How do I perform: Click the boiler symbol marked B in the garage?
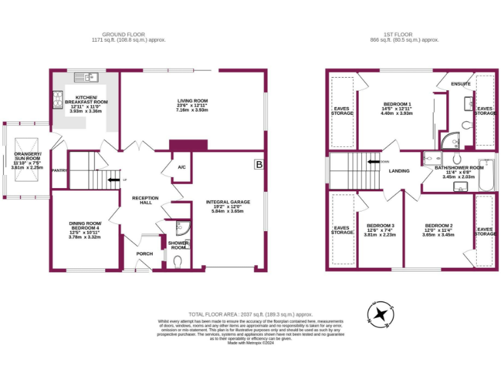pos(258,165)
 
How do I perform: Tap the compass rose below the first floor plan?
pos(380,314)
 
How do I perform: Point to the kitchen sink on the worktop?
pos(86,78)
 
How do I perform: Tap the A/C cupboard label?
pos(181,168)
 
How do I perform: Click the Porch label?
pos(144,253)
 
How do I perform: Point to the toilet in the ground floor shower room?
pos(179,262)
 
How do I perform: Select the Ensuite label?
pos(462,84)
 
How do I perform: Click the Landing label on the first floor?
pos(399,172)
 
